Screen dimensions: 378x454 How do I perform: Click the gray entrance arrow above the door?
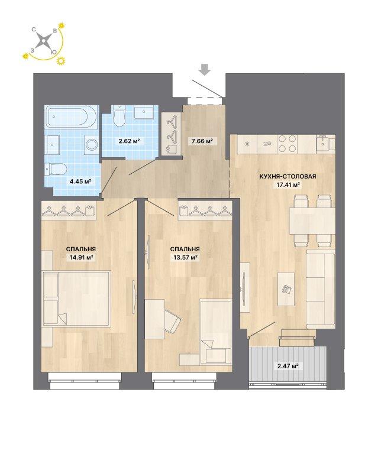pos(205,70)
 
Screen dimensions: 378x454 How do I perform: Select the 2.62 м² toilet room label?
pos(129,141)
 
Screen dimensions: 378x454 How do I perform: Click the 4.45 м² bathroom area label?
pos(80,181)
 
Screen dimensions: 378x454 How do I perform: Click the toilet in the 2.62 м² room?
pos(119,116)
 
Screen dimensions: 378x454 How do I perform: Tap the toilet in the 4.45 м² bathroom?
pos(56,170)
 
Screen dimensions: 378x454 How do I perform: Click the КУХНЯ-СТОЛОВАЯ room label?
pos(287,176)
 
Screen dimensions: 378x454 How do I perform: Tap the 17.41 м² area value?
pos(287,184)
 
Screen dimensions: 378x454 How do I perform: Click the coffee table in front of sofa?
pos(286,288)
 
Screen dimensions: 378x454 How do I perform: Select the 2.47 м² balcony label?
pos(288,366)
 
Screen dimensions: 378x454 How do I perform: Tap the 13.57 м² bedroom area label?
pos(185,257)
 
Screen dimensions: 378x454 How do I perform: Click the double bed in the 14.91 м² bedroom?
pos(76,299)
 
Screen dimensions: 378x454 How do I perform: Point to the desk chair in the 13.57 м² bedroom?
pos(172,320)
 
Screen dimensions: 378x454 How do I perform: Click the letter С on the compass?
pos(34,29)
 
